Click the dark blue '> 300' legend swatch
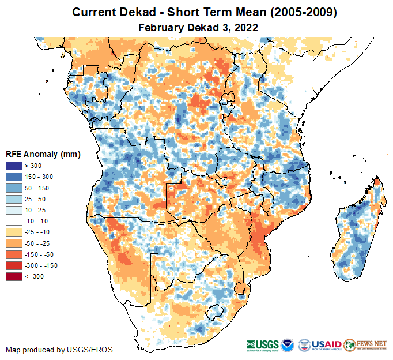[x=14, y=166]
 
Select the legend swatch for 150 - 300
[x=14, y=177]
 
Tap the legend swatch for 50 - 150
[x=14, y=188]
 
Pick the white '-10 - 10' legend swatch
[x=14, y=221]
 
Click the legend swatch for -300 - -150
[x=14, y=265]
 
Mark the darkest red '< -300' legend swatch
[x=14, y=276]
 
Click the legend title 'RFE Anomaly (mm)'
[x=43, y=154]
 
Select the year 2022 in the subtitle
[x=245, y=27]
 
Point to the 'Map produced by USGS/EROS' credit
[x=59, y=350]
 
